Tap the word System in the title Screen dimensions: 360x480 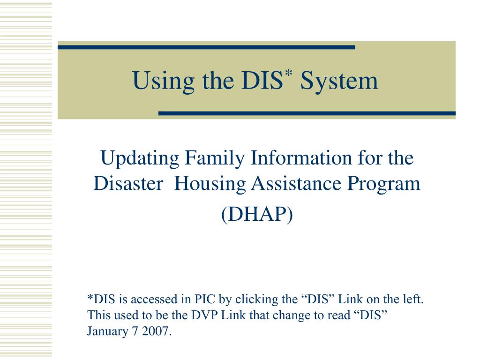tap(339, 82)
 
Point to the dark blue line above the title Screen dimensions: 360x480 tap(206, 47)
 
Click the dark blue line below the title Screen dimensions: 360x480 tap(307, 113)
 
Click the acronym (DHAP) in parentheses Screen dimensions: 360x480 tap(256, 215)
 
